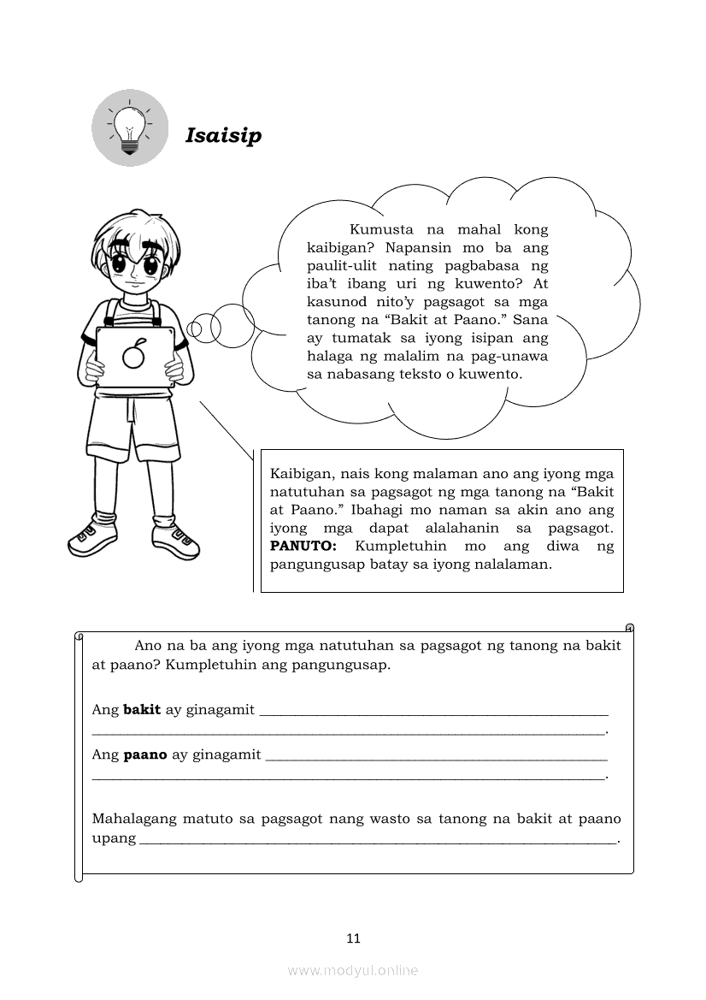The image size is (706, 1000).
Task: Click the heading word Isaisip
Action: click(223, 136)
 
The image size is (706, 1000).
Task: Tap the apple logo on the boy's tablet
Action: click(132, 353)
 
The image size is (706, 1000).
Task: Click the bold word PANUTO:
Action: click(303, 546)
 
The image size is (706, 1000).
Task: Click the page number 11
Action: click(354, 938)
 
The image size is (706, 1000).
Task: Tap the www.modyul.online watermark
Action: click(353, 970)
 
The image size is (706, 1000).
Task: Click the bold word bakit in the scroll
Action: click(142, 709)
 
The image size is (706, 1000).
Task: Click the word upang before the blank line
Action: click(114, 838)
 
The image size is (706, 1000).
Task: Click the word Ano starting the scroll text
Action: click(149, 646)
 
